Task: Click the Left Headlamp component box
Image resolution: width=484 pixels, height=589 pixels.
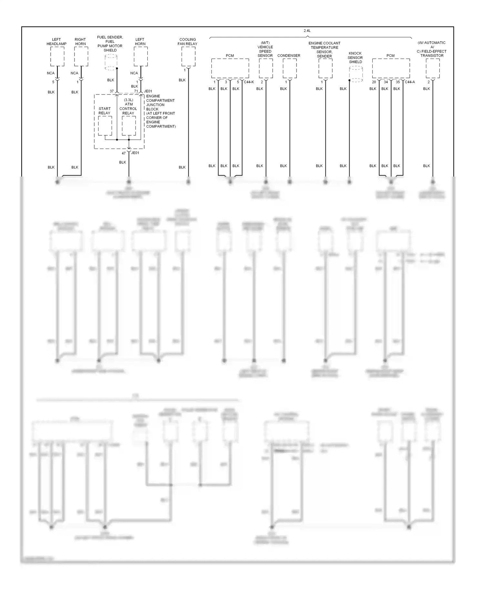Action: click(x=57, y=56)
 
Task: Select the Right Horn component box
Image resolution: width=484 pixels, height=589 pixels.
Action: click(x=81, y=56)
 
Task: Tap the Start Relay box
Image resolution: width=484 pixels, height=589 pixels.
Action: click(x=105, y=126)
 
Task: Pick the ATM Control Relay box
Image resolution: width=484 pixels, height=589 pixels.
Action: click(x=129, y=126)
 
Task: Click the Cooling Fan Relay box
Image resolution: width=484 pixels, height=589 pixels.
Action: click(x=188, y=56)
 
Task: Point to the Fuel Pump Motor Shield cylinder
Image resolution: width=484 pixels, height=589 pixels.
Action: click(x=111, y=62)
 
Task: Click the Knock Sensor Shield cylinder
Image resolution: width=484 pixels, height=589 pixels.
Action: click(x=356, y=74)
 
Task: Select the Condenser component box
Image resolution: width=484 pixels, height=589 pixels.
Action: click(x=290, y=68)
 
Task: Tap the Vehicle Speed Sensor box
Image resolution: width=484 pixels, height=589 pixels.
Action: click(x=266, y=68)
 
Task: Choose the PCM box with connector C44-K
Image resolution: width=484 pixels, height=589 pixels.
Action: click(x=230, y=68)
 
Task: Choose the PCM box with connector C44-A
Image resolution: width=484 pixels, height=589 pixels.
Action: click(x=391, y=68)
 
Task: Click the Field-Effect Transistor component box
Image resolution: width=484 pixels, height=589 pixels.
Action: click(x=432, y=68)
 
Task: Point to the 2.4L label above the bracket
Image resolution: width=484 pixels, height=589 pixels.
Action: click(x=307, y=31)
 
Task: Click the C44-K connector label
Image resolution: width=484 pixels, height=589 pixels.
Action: click(x=249, y=82)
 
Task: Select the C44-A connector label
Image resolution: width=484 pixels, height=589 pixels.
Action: click(x=410, y=82)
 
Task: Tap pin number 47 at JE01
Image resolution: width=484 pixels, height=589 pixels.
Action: click(x=124, y=153)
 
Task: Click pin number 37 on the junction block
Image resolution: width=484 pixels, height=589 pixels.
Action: click(x=112, y=91)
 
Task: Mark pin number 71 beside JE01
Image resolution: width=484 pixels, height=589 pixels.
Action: click(x=136, y=91)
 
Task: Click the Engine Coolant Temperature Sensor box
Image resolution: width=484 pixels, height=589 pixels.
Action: click(x=325, y=68)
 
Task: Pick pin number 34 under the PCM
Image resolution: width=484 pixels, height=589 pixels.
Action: click(x=386, y=82)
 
